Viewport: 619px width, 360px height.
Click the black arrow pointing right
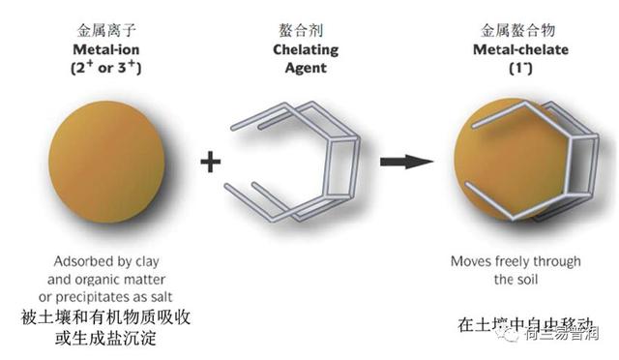[x=406, y=160]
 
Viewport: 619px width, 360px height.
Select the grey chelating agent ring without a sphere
[x=295, y=160]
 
